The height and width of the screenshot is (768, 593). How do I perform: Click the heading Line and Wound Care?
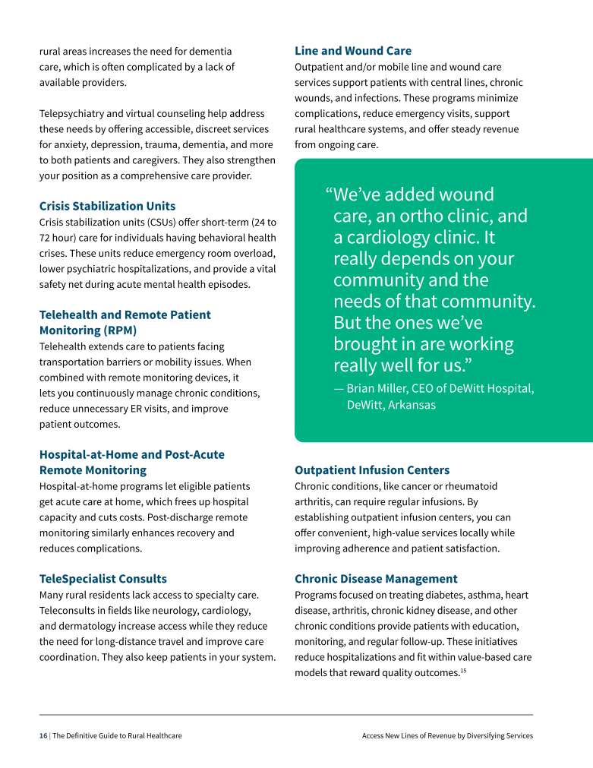(x=352, y=51)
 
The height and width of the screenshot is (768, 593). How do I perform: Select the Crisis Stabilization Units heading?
(x=107, y=206)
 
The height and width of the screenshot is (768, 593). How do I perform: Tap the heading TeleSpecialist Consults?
(x=103, y=579)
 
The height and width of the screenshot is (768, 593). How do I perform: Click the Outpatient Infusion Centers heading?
(x=372, y=470)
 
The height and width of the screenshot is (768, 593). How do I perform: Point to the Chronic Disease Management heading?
(x=376, y=579)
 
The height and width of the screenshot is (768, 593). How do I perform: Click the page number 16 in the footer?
(x=43, y=735)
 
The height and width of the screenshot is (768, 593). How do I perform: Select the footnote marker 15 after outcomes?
(x=463, y=669)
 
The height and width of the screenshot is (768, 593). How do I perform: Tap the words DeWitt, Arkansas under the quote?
(x=391, y=405)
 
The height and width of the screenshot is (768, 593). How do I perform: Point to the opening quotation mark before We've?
(x=330, y=194)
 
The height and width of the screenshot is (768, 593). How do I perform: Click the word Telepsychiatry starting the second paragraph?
(x=71, y=113)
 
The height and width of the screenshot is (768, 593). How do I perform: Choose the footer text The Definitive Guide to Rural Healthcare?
(x=117, y=735)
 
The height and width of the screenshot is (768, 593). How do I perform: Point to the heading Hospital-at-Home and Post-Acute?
(x=131, y=454)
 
